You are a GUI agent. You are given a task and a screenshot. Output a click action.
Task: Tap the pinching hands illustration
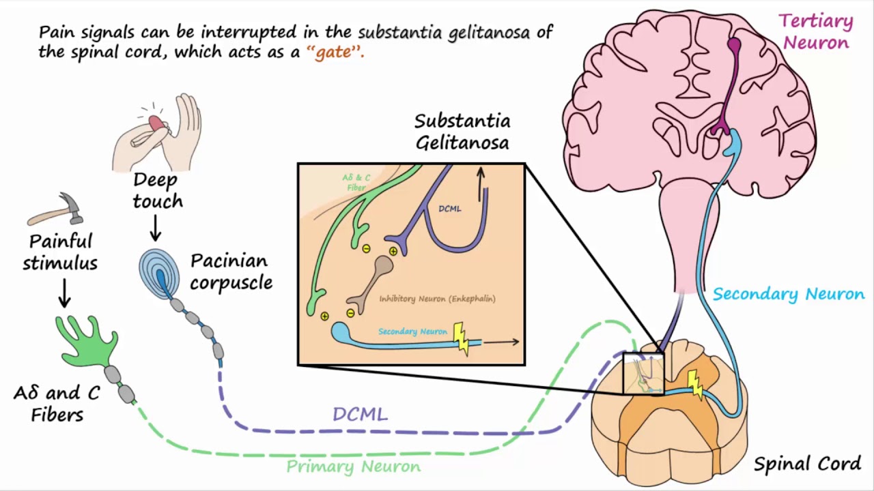coord(158,132)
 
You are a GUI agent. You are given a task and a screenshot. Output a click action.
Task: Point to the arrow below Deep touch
coord(156,228)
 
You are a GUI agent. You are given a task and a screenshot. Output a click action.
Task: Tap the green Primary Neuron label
coord(353,467)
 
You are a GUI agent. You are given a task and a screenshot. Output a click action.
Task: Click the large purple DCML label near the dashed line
coord(360,414)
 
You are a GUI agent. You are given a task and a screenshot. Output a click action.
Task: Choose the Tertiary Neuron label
coord(816,32)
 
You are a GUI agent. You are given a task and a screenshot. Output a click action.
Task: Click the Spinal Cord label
coord(807,464)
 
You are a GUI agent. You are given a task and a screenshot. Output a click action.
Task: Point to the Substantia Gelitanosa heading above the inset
coord(462,132)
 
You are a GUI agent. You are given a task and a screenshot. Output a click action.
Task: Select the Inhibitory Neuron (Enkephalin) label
coord(437,299)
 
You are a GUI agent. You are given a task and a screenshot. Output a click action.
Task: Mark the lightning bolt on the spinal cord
coord(695,384)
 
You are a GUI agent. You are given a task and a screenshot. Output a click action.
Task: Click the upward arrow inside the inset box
coord(481,184)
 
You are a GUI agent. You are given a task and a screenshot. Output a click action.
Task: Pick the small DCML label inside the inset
coord(449,209)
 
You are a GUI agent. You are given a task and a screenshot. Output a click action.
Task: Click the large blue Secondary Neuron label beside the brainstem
coord(789,295)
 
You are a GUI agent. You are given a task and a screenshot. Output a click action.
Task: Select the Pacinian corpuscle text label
coord(231,271)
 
